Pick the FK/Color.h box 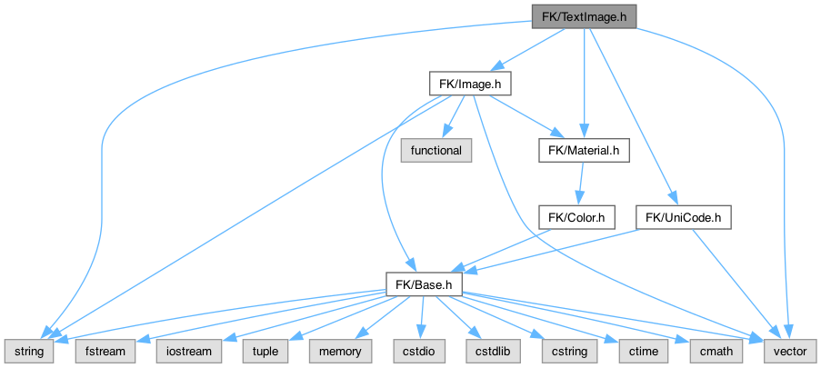[577, 218]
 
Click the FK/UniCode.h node [684, 218]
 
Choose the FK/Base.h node [425, 284]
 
